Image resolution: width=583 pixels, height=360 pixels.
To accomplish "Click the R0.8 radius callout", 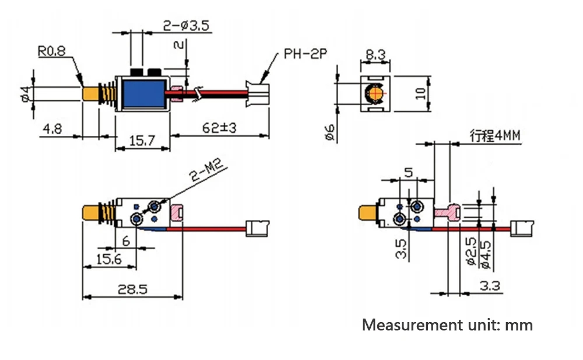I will click(x=51, y=51).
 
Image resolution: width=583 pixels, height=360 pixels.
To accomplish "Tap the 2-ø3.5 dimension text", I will click(x=186, y=25).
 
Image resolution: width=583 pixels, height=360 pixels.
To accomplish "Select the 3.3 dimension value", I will click(x=491, y=285).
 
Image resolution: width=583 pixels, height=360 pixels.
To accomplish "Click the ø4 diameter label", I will click(x=24, y=93).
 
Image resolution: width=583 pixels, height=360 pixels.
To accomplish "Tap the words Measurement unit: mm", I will click(x=447, y=325).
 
